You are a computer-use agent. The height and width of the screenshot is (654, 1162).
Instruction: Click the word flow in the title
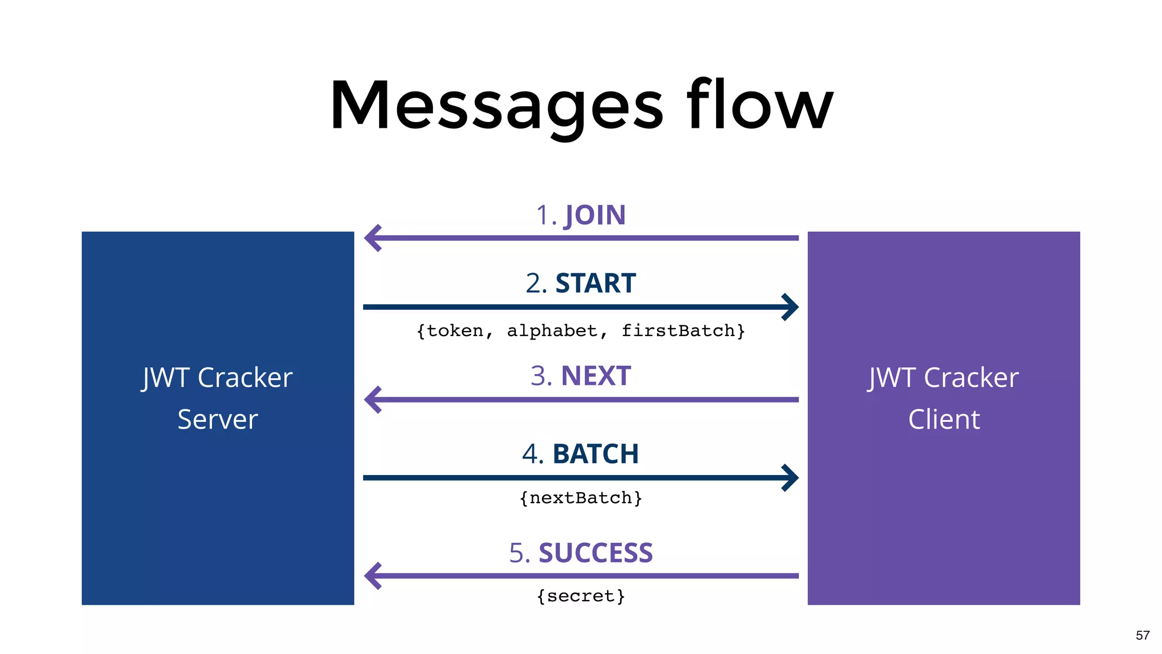760,106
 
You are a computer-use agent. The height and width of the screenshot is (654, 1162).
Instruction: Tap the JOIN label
595,216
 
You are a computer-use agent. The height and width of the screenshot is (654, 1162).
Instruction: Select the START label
595,283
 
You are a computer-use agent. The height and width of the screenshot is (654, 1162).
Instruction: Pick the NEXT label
596,376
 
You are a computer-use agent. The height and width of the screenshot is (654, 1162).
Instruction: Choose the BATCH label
595,454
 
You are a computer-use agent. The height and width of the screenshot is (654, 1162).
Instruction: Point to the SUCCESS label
595,553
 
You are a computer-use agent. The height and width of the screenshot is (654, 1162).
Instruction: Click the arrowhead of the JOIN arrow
372,238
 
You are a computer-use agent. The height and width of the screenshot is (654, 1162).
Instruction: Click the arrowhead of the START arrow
790,307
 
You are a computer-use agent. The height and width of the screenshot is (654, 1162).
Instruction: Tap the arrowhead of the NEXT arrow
372,400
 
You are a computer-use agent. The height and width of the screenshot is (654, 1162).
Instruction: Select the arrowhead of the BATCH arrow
790,477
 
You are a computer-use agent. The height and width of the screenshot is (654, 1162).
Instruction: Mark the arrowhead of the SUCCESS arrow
372,576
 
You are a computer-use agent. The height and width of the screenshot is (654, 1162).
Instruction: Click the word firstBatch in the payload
678,330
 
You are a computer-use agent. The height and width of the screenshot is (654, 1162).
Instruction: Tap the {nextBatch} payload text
580,498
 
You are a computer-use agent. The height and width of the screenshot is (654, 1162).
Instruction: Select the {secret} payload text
580,596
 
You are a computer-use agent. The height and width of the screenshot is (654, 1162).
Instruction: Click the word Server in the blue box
217,420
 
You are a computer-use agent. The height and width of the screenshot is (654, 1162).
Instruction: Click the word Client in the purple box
944,420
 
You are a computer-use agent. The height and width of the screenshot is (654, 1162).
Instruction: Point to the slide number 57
1142,635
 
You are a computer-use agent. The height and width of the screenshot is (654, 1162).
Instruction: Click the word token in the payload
454,330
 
